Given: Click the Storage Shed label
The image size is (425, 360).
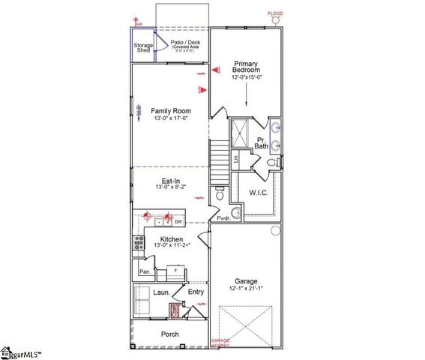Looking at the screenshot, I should pos(143,47).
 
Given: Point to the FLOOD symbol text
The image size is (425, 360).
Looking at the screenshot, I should pos(277,13).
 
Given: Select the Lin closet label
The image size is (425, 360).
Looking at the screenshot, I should pos(235,158).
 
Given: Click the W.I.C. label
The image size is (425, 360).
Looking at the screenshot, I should pos(258,193).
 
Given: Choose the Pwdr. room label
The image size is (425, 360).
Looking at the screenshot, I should pos(223,218).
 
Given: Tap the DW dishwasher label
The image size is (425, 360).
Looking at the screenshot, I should pos(178,221).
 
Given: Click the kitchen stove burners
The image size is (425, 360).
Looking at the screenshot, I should pos(139,242).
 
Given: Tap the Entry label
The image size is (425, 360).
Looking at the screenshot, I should pos(196,292).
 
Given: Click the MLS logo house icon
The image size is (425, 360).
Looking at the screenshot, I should pos(7,352).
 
